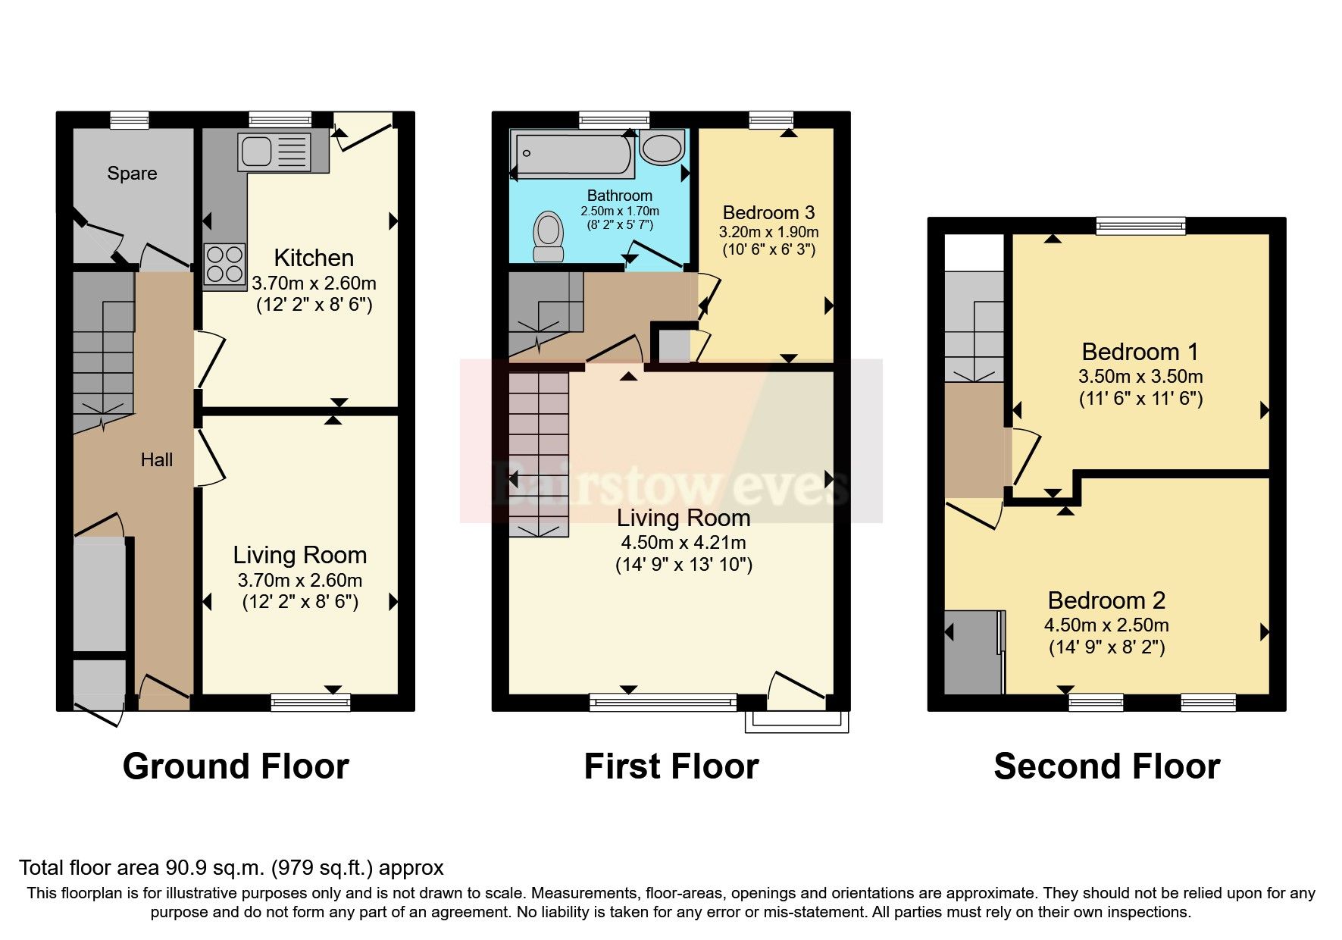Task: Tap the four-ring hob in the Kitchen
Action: coord(224,263)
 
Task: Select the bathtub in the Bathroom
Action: coord(573,153)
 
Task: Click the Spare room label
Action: coord(132,174)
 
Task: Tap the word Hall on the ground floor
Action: coord(156,459)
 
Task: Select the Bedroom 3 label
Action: coord(768,212)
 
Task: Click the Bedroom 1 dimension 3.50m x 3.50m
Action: coord(1140,377)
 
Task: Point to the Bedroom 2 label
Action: coord(1106,600)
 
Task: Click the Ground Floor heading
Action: coord(236,766)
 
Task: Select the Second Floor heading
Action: coord(1106,766)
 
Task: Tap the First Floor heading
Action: coord(671,766)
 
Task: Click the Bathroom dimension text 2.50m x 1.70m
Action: coord(619,211)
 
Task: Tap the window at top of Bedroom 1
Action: coord(1140,225)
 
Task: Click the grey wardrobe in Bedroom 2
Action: coord(973,652)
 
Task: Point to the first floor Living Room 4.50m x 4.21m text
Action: coord(683,543)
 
